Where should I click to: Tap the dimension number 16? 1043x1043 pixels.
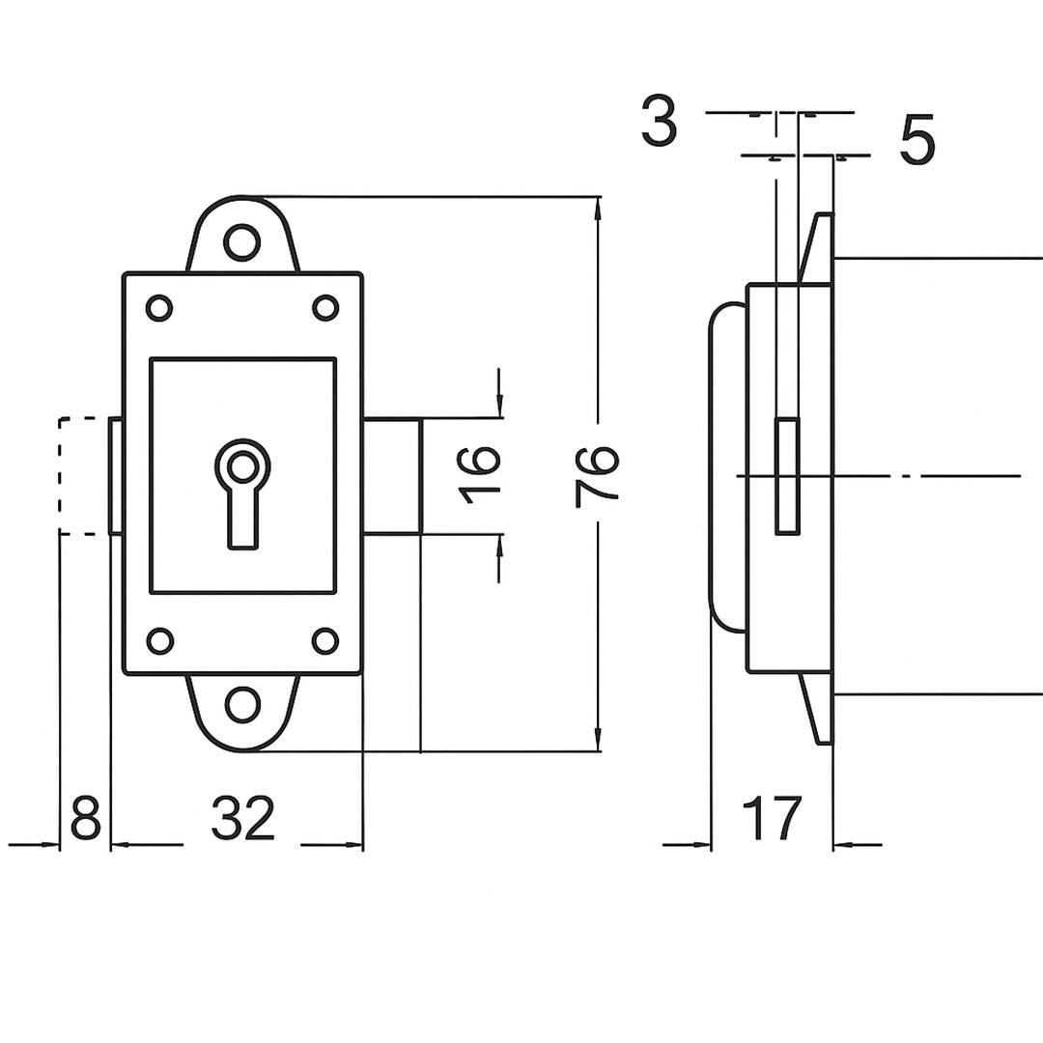click(480, 476)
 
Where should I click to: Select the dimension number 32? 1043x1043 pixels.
click(242, 818)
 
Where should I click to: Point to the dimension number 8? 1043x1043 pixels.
click(85, 818)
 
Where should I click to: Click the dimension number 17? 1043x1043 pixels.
click(772, 818)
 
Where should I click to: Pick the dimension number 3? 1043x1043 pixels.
click(660, 122)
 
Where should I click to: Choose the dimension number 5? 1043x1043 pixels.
click(917, 140)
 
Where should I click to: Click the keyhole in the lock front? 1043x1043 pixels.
click(242, 493)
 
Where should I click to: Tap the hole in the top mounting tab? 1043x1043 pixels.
click(242, 242)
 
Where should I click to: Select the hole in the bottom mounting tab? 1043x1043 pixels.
click(242, 705)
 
